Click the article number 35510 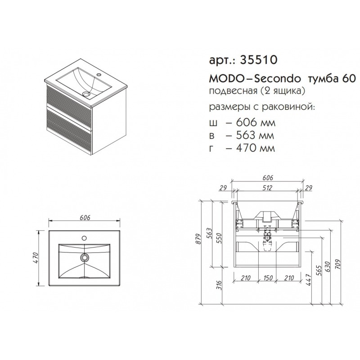coord(258,60)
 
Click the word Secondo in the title coord(278,79)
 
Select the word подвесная coord(233,91)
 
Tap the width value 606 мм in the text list coord(255,122)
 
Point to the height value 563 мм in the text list coord(255,135)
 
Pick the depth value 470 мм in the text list coord(255,148)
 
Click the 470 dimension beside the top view coord(37,258)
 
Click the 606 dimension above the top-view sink coord(85,217)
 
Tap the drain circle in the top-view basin coord(85,257)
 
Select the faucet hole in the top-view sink coord(84,238)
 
